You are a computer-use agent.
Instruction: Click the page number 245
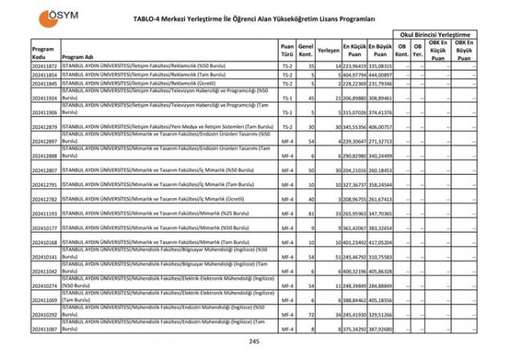point(254,342)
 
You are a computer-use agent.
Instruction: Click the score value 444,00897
point(380,74)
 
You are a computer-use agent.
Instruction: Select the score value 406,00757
point(380,127)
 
